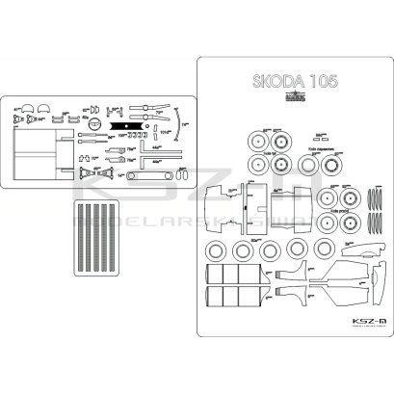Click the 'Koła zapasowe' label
click(x=322, y=150)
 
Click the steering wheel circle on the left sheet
click(x=94, y=124)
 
